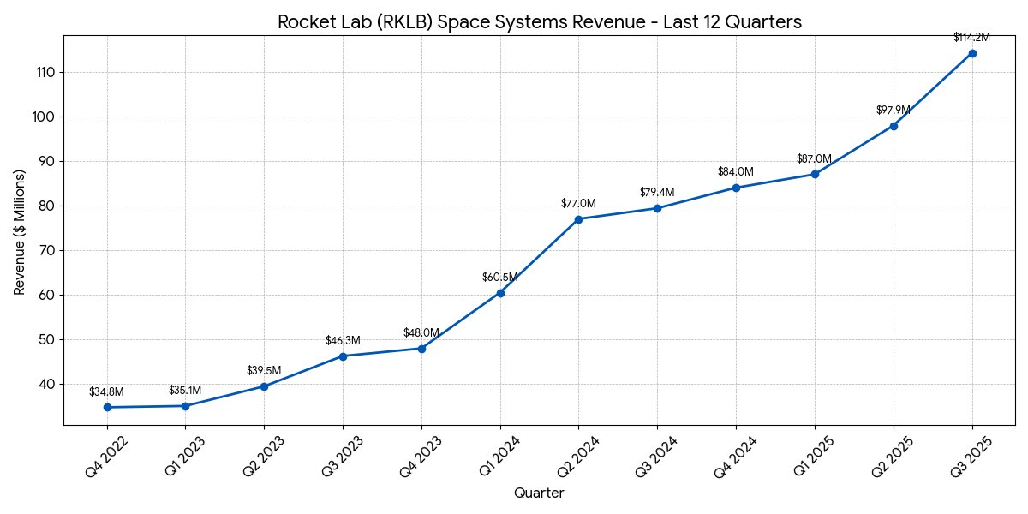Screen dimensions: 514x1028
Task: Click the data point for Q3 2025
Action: (972, 53)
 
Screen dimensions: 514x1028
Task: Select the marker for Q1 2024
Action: (500, 293)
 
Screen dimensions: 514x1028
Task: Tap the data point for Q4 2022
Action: (107, 407)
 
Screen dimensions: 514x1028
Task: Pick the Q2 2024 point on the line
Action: (578, 219)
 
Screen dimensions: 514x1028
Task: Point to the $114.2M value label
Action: (971, 38)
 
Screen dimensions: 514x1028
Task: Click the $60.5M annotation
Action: (499, 278)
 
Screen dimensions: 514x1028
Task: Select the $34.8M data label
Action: (106, 391)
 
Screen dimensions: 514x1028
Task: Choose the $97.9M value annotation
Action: (893, 111)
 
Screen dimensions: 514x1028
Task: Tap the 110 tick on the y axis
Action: (45, 72)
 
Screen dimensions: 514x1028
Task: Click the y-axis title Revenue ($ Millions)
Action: (20, 232)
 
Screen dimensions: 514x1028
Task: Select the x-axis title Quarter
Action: (539, 493)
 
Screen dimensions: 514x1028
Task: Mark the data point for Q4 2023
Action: (421, 349)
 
